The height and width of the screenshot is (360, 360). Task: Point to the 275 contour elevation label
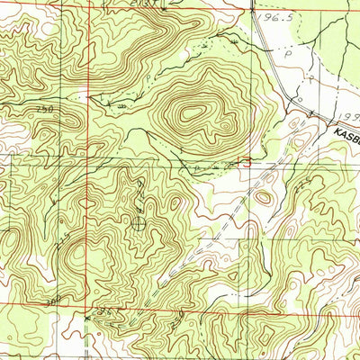point(65,236)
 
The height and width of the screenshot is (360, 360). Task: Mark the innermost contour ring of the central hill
point(193,113)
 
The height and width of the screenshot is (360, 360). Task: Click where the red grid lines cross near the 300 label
point(87,309)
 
